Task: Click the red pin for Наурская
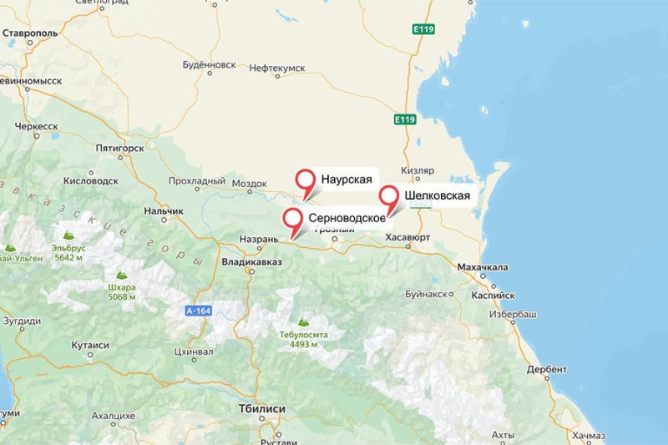coord(306,180)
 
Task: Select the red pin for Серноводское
coord(293,220)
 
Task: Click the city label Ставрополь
coord(31,33)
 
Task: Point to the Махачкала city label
coord(483,267)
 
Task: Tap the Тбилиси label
coord(261,409)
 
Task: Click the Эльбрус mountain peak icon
coord(68,236)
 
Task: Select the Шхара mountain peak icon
coord(121,274)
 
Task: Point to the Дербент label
coord(547,369)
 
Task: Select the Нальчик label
coord(163,210)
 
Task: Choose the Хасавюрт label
coord(407,238)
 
